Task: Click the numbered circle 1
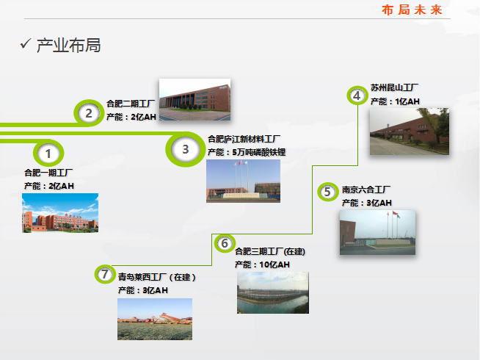click(48, 154)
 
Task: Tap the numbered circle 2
click(88, 113)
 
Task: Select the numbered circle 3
click(186, 149)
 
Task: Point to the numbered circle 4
click(357, 96)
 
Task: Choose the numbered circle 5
click(327, 192)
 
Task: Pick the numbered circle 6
click(225, 243)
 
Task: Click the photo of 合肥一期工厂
click(60, 212)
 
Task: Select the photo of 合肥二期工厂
click(194, 100)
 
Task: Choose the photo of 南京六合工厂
click(377, 232)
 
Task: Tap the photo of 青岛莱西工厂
click(155, 319)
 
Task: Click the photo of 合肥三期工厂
click(272, 292)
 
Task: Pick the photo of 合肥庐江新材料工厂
click(243, 181)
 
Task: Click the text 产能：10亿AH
click(262, 264)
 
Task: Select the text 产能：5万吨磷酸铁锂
click(247, 152)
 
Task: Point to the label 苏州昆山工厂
click(394, 87)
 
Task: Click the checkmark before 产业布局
click(24, 46)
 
